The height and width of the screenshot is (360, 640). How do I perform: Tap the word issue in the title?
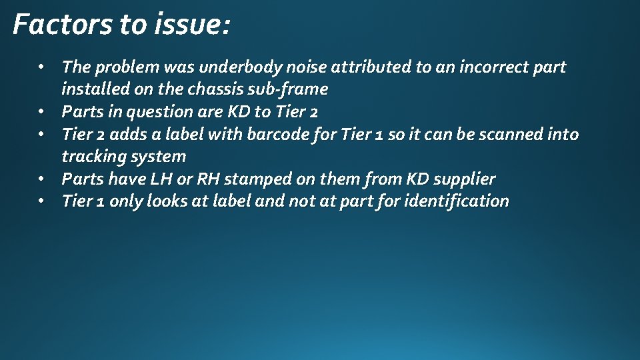pos(192,25)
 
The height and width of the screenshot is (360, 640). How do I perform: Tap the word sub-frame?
pos(295,89)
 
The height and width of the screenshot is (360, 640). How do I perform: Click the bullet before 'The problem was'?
pos(41,67)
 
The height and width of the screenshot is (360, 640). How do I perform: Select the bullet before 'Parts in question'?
pos(41,111)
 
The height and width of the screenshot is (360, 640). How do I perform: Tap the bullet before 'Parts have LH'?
pos(41,179)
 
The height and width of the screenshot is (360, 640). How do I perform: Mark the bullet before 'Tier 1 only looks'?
pos(41,201)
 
